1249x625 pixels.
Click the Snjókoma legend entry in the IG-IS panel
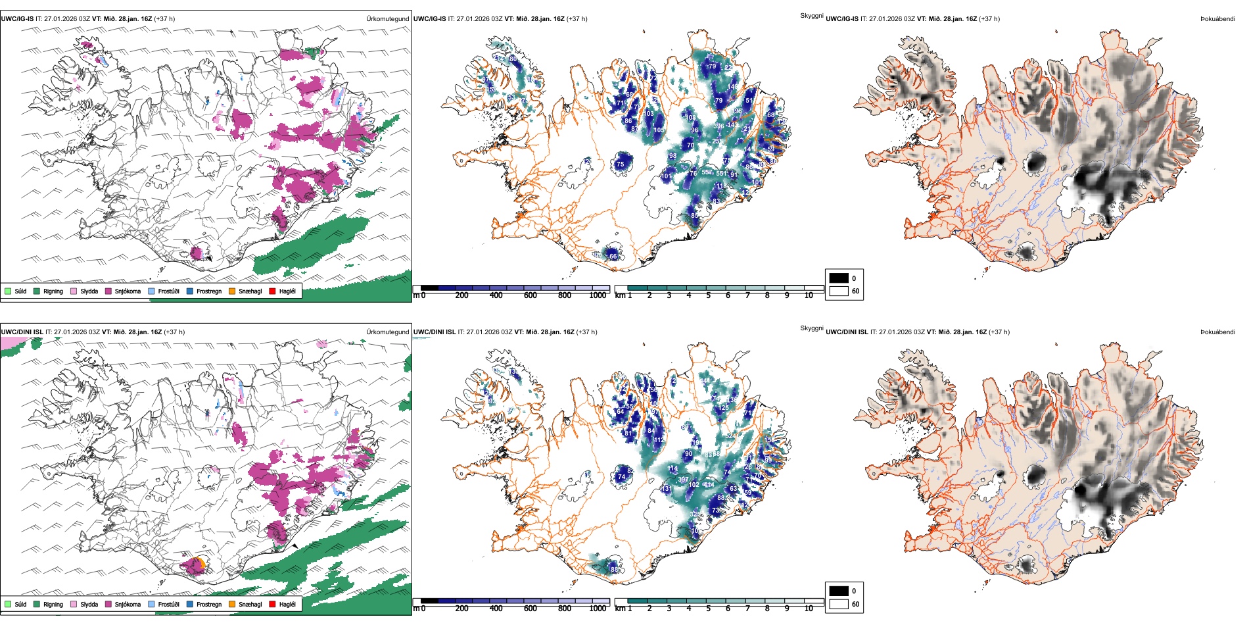(x=128, y=291)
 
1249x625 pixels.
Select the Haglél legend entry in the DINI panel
(x=287, y=604)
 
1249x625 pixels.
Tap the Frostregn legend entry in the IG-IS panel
(x=208, y=291)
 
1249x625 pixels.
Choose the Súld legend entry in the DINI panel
(x=20, y=604)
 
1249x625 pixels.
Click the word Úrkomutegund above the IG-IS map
(x=387, y=18)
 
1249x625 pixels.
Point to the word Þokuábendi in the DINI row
(x=1217, y=332)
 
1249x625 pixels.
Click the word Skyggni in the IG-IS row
(x=811, y=15)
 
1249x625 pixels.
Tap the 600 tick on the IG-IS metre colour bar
(x=530, y=295)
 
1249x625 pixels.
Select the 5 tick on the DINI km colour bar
(x=708, y=609)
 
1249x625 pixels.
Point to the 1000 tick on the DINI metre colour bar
(x=598, y=609)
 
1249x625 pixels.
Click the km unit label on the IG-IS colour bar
(x=620, y=295)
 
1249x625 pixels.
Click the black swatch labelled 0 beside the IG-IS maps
(x=839, y=278)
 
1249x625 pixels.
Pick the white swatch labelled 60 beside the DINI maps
(x=839, y=604)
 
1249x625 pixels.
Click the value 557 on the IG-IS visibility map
(x=707, y=172)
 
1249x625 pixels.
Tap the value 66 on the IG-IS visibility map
(x=613, y=256)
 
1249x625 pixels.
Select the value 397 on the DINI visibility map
(x=684, y=480)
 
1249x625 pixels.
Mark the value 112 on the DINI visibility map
(x=659, y=439)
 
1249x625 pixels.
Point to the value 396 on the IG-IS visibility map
(x=719, y=126)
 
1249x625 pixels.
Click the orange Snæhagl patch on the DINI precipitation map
(x=202, y=564)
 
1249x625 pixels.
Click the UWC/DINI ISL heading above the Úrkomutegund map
(x=22, y=332)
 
